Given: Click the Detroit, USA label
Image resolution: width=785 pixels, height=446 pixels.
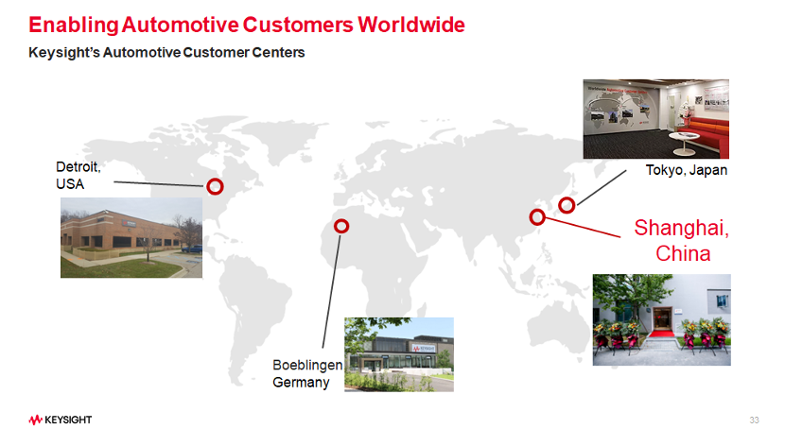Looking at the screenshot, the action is pyautogui.click(x=78, y=175).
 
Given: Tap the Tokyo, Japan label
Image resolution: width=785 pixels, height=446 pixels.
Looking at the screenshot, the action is pyautogui.click(x=686, y=170).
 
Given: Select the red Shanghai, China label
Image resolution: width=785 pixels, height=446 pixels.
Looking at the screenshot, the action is pyautogui.click(x=682, y=241).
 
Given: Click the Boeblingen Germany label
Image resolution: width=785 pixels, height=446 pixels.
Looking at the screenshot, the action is pyautogui.click(x=307, y=373).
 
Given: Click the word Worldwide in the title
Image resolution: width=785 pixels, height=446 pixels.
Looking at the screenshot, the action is pyautogui.click(x=411, y=25).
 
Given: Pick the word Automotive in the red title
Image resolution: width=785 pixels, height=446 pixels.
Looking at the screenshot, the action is pyautogui.click(x=181, y=25).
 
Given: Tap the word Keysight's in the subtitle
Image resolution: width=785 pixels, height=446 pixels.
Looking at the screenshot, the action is pyautogui.click(x=64, y=53).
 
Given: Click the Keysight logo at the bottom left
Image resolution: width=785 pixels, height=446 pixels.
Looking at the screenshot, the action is pyautogui.click(x=61, y=420).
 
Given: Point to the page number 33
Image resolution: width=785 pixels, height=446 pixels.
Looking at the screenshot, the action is pyautogui.click(x=754, y=420).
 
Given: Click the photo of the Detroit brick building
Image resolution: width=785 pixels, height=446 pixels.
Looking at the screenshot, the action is pyautogui.click(x=131, y=237).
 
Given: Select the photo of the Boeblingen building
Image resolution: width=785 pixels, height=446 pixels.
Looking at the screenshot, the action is pyautogui.click(x=399, y=354).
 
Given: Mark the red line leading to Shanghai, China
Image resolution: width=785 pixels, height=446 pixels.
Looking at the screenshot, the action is pyautogui.click(x=583, y=228).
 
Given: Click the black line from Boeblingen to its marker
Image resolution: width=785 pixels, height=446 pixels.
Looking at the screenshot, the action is pyautogui.click(x=331, y=291).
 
